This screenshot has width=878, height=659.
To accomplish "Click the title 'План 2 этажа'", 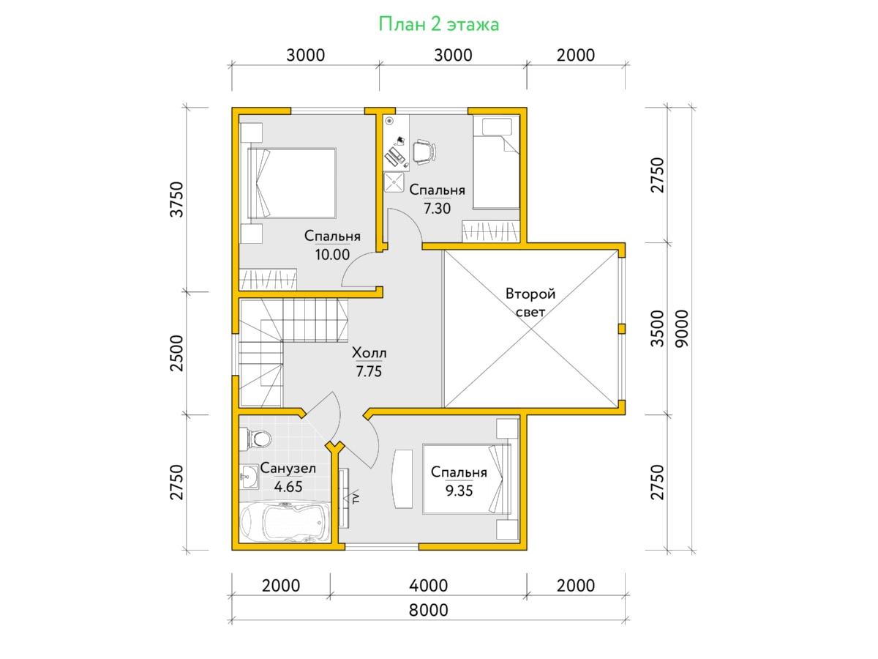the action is (438, 24).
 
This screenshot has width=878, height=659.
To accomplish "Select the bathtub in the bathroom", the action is (285, 522).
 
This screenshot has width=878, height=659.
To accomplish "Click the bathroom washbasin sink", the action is (249, 477).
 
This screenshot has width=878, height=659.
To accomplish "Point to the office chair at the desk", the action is (424, 152).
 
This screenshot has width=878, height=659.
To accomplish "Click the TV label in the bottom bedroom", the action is (356, 498).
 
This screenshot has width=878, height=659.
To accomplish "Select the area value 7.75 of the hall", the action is (369, 371).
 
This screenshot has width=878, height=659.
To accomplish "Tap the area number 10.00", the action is (332, 255).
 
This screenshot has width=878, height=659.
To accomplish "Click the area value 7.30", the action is (437, 209).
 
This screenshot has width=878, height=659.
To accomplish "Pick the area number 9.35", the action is (459, 491).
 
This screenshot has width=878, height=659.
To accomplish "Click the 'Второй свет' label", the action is (530, 303).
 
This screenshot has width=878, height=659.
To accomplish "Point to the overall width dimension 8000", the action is (429, 611).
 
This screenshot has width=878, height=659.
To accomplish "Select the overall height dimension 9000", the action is (682, 329).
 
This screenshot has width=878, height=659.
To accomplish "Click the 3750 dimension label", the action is (176, 199).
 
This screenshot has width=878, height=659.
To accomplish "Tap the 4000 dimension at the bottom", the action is (429, 586).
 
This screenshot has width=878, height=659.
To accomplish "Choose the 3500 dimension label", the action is (657, 329).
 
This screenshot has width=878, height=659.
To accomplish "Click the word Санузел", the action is (288, 469).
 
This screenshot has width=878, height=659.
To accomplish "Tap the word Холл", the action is (369, 353).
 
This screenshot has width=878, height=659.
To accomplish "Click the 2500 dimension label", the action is (176, 354).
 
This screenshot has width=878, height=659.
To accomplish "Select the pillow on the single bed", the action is (497, 127).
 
